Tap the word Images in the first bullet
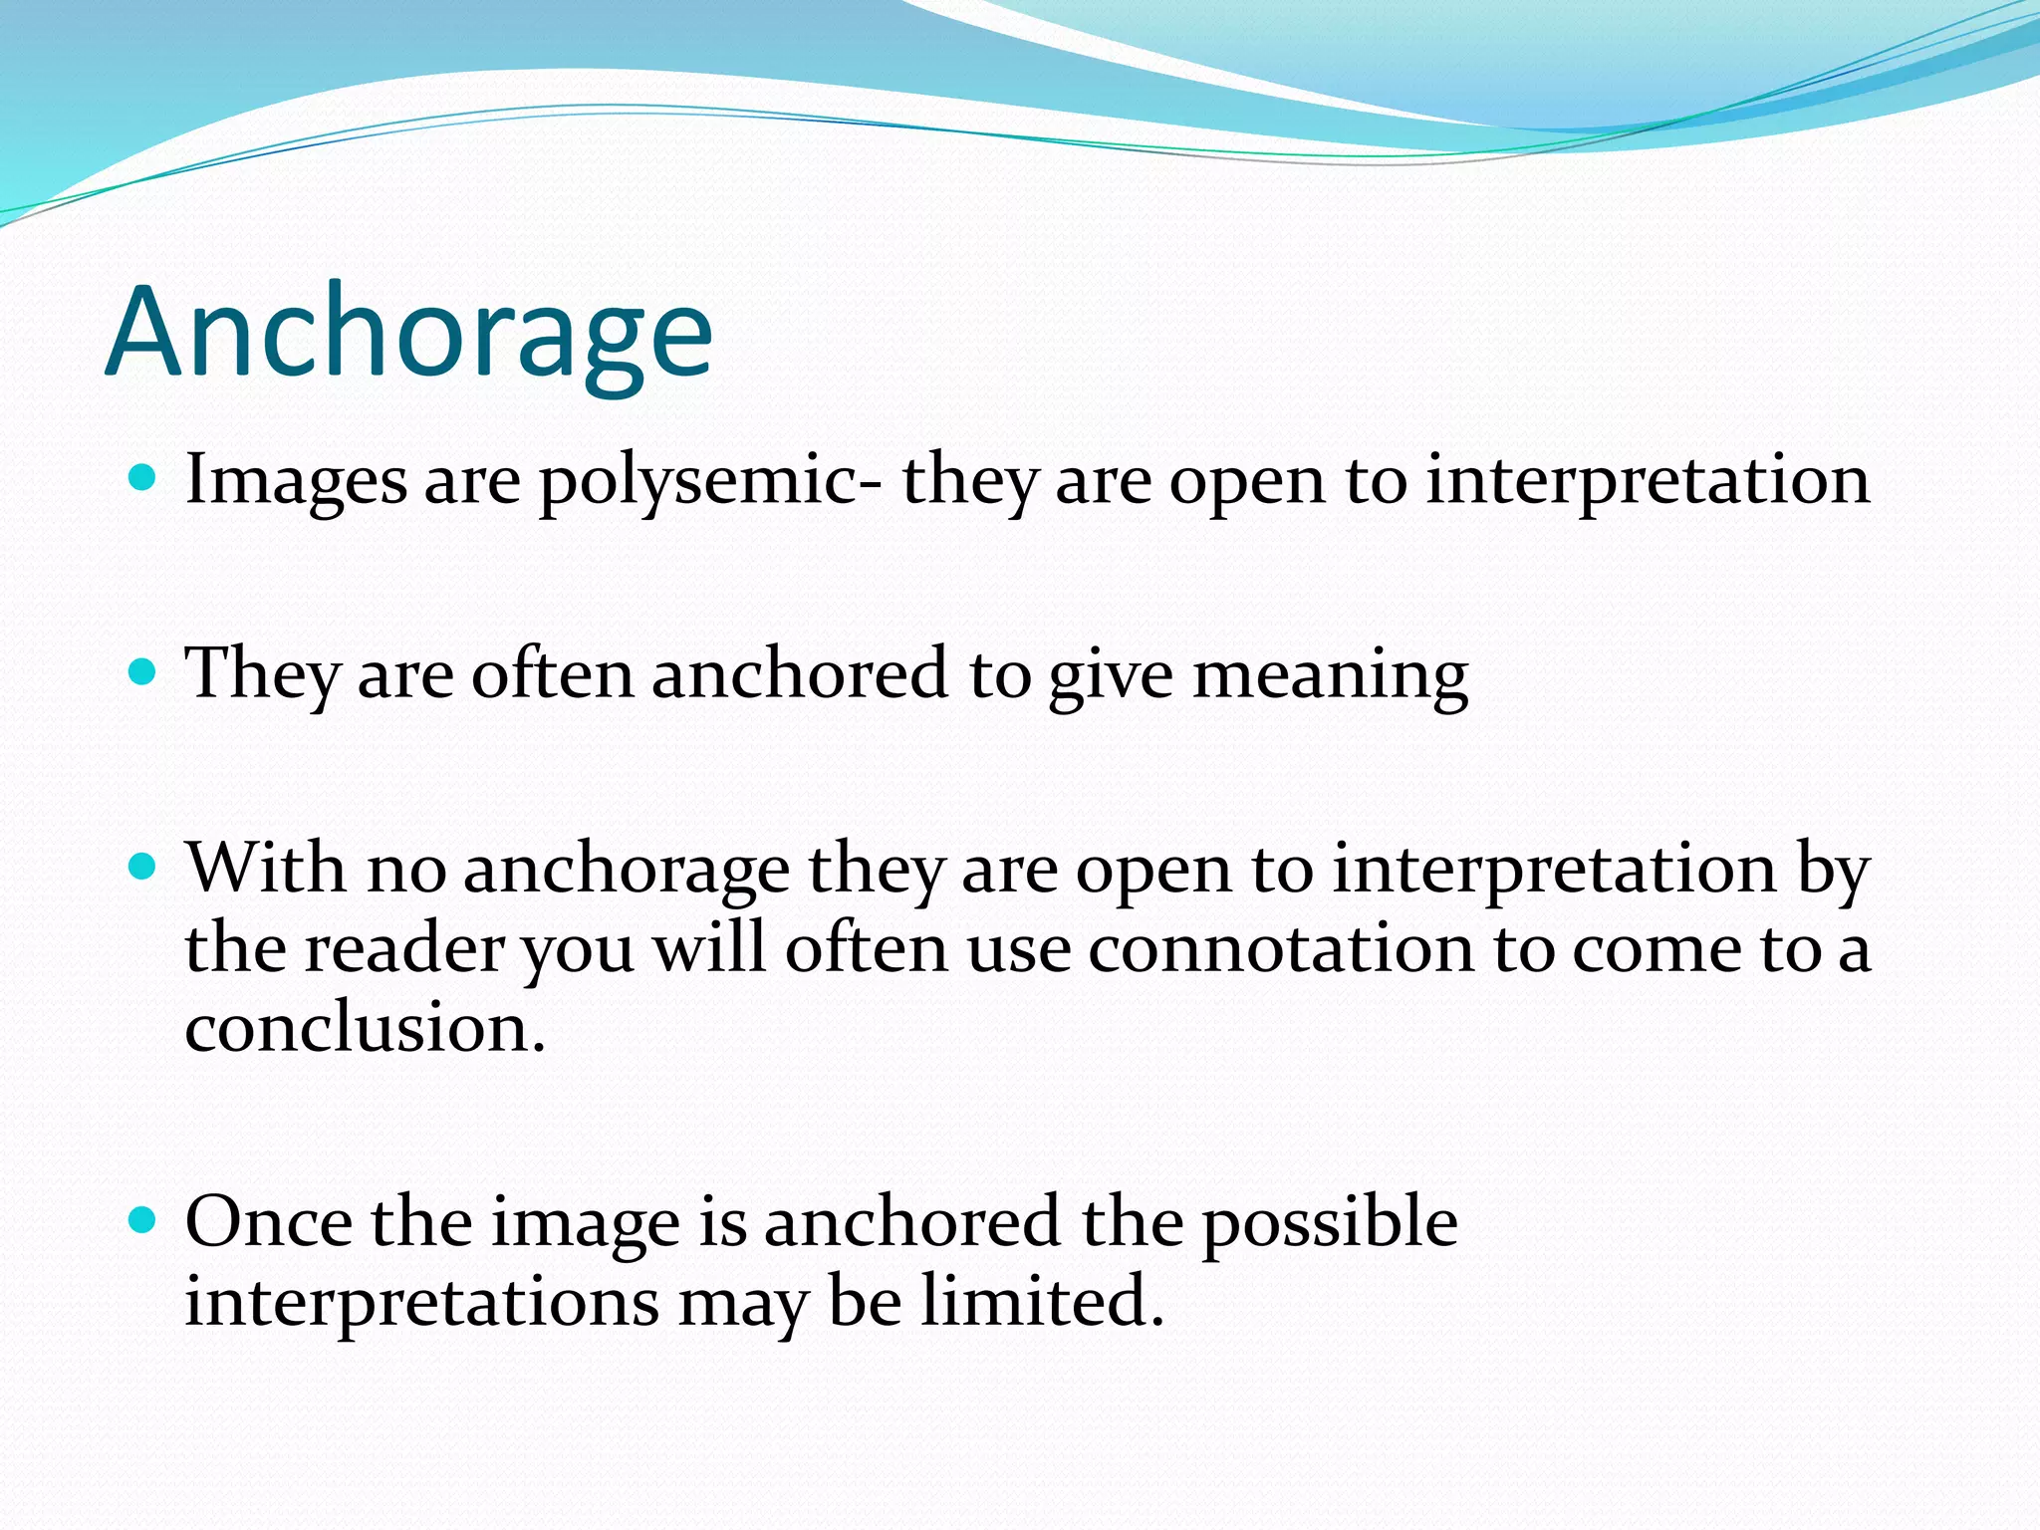[x=296, y=480]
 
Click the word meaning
[x=1330, y=675]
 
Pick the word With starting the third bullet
[x=266, y=868]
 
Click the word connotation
[x=1280, y=948]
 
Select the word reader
[x=404, y=948]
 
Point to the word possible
[x=1330, y=1223]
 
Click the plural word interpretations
[x=421, y=1303]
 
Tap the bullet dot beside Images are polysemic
[x=143, y=478]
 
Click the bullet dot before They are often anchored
[x=143, y=672]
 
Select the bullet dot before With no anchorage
[x=143, y=867]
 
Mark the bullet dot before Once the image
[x=143, y=1219]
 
